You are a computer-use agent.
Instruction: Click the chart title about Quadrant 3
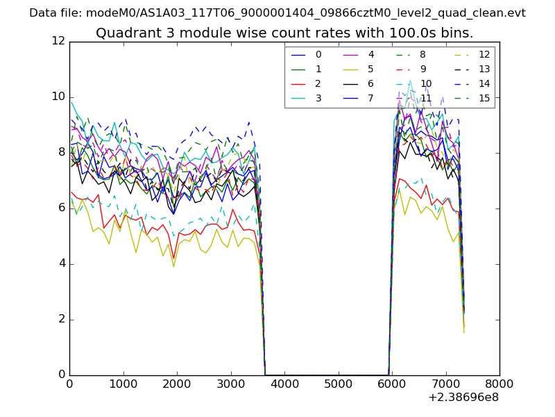(284, 33)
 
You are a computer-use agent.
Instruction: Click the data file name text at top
(277, 13)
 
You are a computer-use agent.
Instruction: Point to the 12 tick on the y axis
(58, 42)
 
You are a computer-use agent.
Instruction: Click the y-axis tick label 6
(61, 208)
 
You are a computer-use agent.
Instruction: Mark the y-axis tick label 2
(61, 319)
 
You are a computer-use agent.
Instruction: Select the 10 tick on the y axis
(58, 97)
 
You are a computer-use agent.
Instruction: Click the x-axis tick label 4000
(284, 384)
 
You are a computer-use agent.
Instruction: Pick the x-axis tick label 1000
(123, 384)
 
